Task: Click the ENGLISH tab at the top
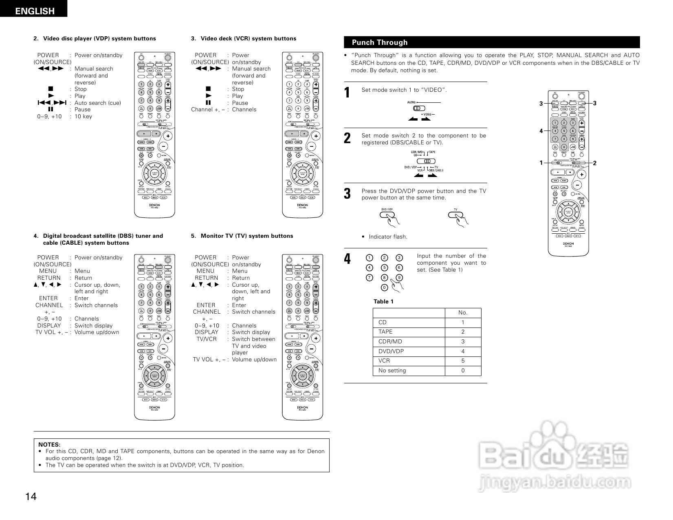(34, 11)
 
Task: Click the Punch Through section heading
(379, 42)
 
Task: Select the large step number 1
(347, 93)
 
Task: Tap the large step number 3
(347, 194)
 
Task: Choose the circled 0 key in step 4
(384, 288)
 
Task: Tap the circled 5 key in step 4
(384, 268)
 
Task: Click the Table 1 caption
(383, 302)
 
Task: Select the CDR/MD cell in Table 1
(390, 342)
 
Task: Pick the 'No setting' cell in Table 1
(392, 371)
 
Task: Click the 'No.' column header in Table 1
(463, 313)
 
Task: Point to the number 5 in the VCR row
(463, 361)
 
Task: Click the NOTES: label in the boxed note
(49, 445)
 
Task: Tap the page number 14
(31, 496)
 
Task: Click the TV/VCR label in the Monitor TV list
(207, 339)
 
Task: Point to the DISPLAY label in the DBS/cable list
(49, 325)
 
